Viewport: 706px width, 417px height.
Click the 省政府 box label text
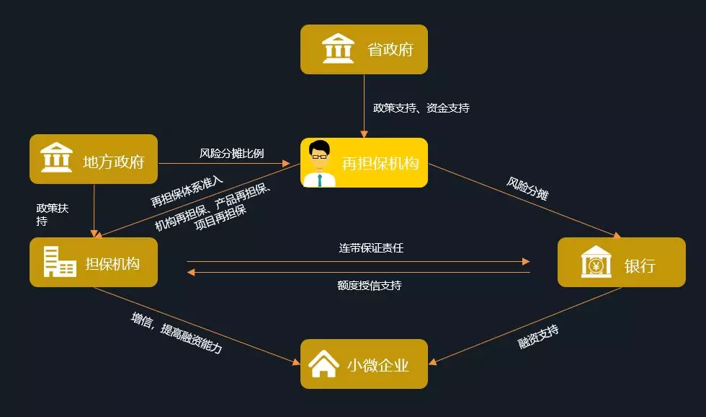coord(390,50)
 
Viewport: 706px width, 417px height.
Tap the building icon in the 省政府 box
coord(338,49)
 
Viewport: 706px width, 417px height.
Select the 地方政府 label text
coord(114,161)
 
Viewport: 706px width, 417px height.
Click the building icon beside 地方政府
coord(56,158)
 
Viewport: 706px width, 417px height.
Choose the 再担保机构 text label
coord(380,163)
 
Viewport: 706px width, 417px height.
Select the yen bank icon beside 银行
coord(596,262)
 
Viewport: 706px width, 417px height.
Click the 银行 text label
coord(640,265)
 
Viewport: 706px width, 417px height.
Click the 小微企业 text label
coord(378,365)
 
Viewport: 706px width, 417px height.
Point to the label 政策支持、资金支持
coord(421,107)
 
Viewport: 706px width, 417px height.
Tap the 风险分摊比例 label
coord(232,153)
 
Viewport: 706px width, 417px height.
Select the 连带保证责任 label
coord(372,247)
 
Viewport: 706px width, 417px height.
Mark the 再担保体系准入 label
coord(187,190)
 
